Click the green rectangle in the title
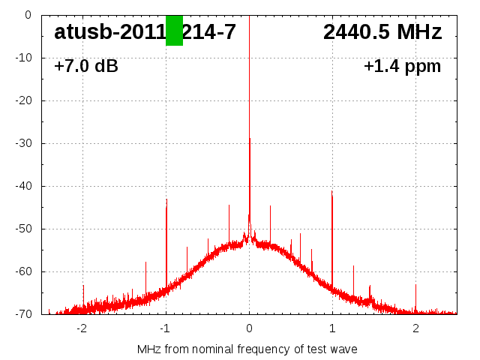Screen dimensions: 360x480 (174, 30)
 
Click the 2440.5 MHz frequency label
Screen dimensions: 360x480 (382, 32)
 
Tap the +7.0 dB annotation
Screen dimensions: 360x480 (86, 67)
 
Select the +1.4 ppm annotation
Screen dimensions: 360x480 (402, 67)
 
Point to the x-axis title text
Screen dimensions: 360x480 (247, 349)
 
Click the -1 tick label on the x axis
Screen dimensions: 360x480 (165, 328)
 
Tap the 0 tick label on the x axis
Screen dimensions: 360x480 (249, 328)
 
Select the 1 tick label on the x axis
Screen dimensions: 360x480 (332, 328)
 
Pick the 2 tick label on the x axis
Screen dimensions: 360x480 (415, 328)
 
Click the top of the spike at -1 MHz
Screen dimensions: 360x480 (166, 199)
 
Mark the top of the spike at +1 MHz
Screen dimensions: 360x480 (331, 191)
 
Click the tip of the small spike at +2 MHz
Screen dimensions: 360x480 (415, 285)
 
